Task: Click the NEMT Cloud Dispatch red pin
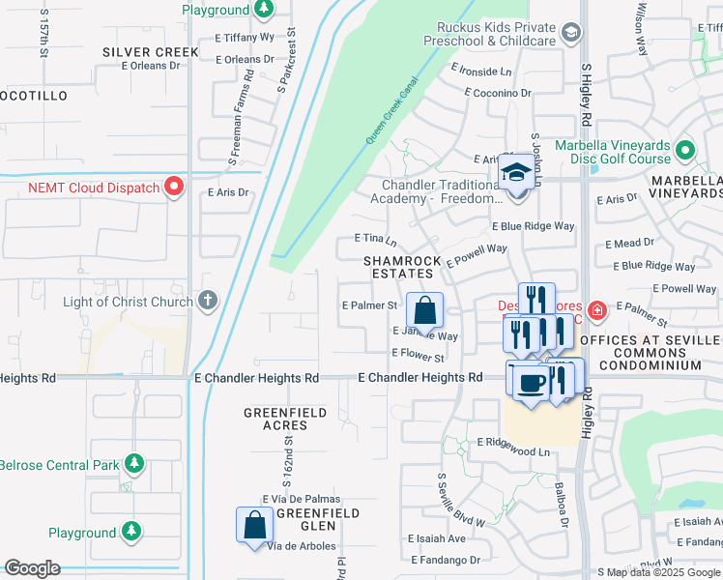(x=174, y=186)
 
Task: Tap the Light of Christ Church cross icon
(x=207, y=301)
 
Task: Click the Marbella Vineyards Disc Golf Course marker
(x=685, y=151)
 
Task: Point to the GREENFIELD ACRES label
(x=289, y=420)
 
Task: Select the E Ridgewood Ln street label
(x=513, y=451)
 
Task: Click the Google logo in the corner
(x=32, y=568)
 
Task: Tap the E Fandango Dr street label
(x=446, y=560)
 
